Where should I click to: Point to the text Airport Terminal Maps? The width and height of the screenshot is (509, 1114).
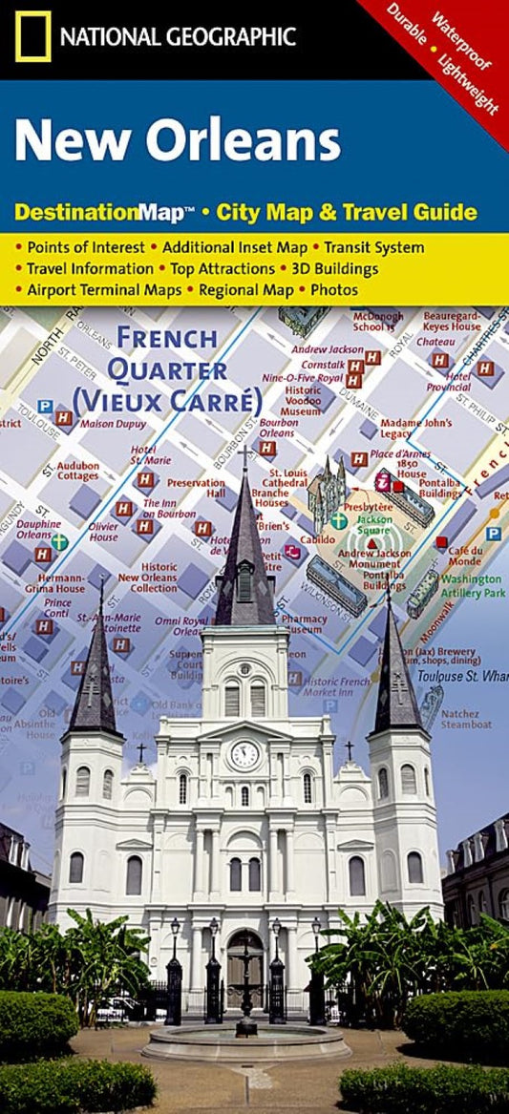point(104,289)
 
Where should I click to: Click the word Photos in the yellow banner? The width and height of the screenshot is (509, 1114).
point(333,289)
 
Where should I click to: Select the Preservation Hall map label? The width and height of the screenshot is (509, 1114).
point(203,488)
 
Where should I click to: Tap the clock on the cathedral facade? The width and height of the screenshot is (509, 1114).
point(244,754)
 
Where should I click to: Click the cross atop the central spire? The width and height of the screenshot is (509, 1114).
point(244,456)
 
